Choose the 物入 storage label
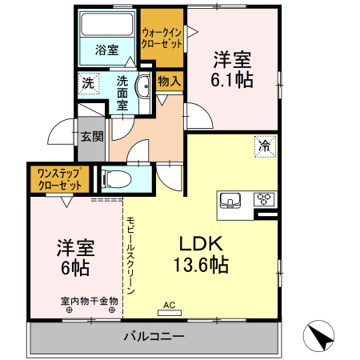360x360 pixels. pyautogui.click(x=169, y=81)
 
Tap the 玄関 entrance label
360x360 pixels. pyautogui.click(x=91, y=136)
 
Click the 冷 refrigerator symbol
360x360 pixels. pyautogui.click(x=263, y=146)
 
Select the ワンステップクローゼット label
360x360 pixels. pyautogui.click(x=60, y=178)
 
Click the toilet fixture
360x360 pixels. pyautogui.click(x=114, y=178)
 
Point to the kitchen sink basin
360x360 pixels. pyautogui.click(x=231, y=200)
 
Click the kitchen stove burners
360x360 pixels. pyautogui.click(x=264, y=199)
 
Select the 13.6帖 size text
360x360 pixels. pyautogui.click(x=202, y=266)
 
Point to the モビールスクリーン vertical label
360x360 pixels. pyautogui.click(x=130, y=251)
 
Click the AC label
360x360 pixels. pyautogui.click(x=169, y=305)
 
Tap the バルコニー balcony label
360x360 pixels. pyautogui.click(x=154, y=336)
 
